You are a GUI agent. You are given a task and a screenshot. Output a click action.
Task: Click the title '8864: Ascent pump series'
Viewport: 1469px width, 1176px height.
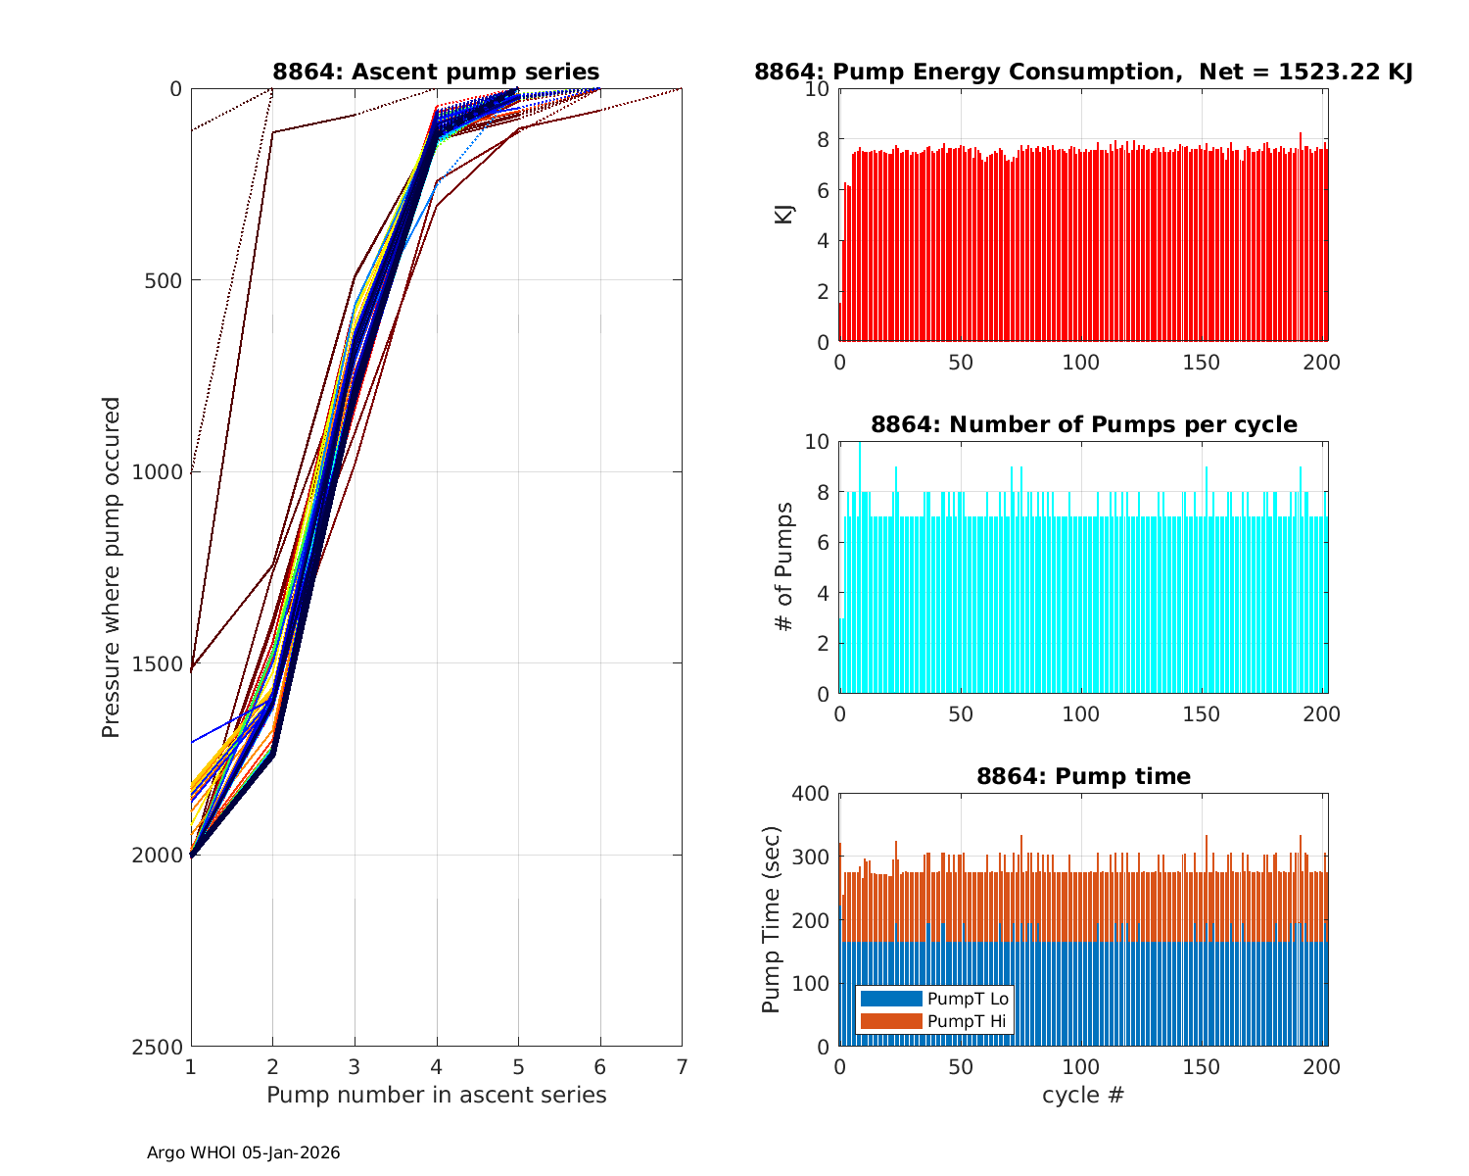click(x=436, y=72)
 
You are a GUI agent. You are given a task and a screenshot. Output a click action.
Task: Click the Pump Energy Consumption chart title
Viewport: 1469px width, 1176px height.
click(x=1083, y=72)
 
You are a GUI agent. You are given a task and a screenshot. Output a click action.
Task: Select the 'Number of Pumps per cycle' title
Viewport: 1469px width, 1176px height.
click(x=1083, y=424)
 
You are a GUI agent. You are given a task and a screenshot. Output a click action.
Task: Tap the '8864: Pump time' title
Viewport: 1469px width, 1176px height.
click(x=1083, y=776)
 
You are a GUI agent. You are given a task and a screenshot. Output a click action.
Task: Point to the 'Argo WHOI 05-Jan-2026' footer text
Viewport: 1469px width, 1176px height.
click(x=244, y=1152)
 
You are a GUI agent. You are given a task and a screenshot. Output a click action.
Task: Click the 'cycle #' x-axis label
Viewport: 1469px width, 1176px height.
click(x=1083, y=1095)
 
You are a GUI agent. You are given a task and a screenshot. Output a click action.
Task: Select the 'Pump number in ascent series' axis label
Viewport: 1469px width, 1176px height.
click(x=436, y=1095)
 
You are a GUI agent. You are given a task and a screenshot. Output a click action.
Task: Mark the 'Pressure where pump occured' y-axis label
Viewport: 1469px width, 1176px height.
click(x=112, y=566)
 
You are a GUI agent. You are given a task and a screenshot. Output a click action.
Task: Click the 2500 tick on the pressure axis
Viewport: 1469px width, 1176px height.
click(x=162, y=1047)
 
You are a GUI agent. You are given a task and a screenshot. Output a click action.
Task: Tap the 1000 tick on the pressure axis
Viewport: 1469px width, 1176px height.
click(x=162, y=471)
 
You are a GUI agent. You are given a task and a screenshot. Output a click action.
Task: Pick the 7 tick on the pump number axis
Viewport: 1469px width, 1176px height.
click(x=682, y=1066)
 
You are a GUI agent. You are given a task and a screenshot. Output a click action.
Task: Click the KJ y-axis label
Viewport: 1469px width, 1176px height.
click(x=784, y=214)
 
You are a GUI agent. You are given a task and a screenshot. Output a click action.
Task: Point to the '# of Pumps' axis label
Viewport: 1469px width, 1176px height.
click(x=784, y=566)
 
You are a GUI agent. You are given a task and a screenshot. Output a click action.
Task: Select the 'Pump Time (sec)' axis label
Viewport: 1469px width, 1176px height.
click(x=771, y=919)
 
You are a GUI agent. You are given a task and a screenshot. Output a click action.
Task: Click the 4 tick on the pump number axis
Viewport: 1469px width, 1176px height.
click(x=437, y=1066)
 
